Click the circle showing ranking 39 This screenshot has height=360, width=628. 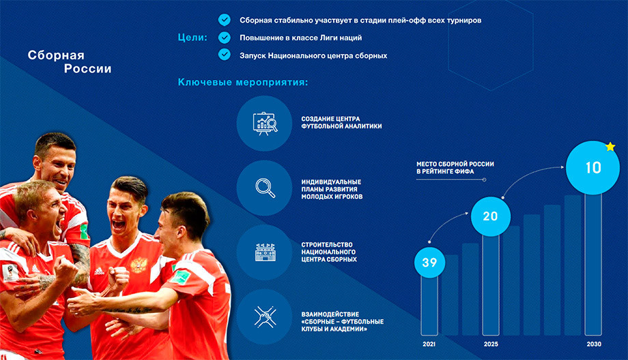coord(429,262)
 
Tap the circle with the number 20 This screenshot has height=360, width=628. coord(491,217)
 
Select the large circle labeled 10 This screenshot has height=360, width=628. coord(593,167)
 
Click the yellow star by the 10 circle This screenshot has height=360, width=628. coord(610,146)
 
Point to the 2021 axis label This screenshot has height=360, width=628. coord(429,344)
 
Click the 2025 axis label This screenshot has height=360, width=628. coord(491,344)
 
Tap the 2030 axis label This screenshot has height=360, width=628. coord(594,344)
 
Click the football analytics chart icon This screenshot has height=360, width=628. coord(265,123)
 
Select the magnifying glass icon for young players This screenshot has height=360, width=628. coord(265,188)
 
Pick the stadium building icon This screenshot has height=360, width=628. coord(265,252)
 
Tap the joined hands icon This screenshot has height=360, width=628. coord(265,317)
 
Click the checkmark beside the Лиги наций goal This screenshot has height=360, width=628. coord(225,38)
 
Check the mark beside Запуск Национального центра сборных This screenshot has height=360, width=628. coord(225,54)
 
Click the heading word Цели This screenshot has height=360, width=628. coord(192,38)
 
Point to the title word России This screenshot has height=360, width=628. coord(87,69)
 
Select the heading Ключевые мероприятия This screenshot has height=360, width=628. coord(243,82)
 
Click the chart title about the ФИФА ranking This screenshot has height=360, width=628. coord(455,167)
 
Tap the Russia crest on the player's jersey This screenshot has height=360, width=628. coord(139,266)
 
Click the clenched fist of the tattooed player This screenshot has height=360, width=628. coord(66,269)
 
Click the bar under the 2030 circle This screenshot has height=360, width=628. coord(593,264)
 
